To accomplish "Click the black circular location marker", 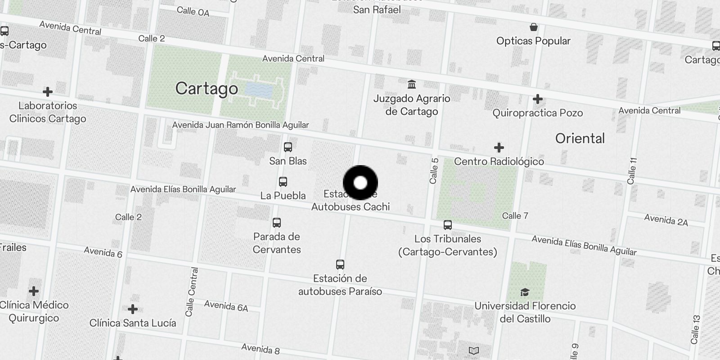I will tap(360, 183).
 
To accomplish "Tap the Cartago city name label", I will tap(207, 88).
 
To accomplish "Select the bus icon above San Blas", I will tap(288, 147).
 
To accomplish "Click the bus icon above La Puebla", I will tap(283, 182).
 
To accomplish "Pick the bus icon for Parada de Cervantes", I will tap(277, 223).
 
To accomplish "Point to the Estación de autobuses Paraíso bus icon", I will tap(340, 265).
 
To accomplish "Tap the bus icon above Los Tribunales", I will tap(447, 225).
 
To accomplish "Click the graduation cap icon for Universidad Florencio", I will tap(525, 292).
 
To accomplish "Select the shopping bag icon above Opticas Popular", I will tap(533, 27).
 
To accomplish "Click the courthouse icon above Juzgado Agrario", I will tap(411, 85).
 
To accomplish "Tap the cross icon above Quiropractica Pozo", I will tap(537, 99).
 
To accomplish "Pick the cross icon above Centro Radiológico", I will tap(499, 148).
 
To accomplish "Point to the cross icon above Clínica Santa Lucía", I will tap(132, 309).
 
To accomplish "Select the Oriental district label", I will tap(580, 138).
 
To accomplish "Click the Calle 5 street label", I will tap(434, 171).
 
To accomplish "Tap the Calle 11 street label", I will tap(632, 171).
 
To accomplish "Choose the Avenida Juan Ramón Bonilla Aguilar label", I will tap(240, 125).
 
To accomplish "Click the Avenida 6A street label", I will tap(226, 306).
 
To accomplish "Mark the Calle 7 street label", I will tap(515, 216).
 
